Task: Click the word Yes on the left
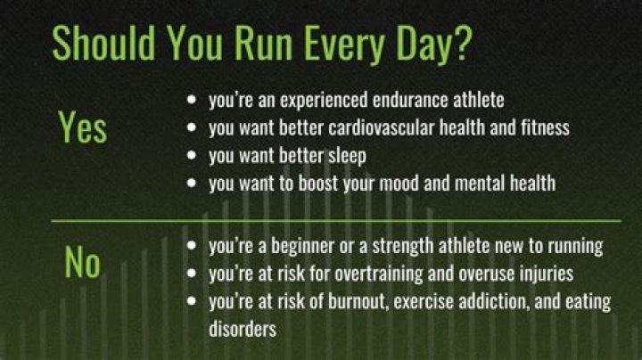point(82,127)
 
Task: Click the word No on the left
point(82,263)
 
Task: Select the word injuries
point(546,274)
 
